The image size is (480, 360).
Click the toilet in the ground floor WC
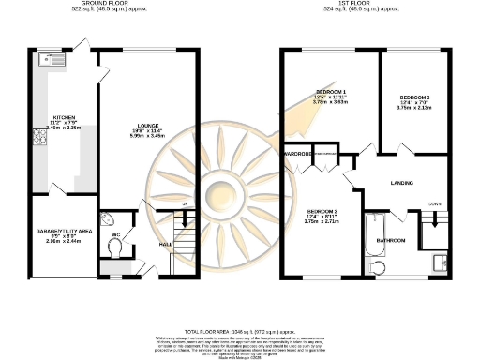113,247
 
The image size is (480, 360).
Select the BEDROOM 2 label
322,212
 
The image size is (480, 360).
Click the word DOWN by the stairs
434,203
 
